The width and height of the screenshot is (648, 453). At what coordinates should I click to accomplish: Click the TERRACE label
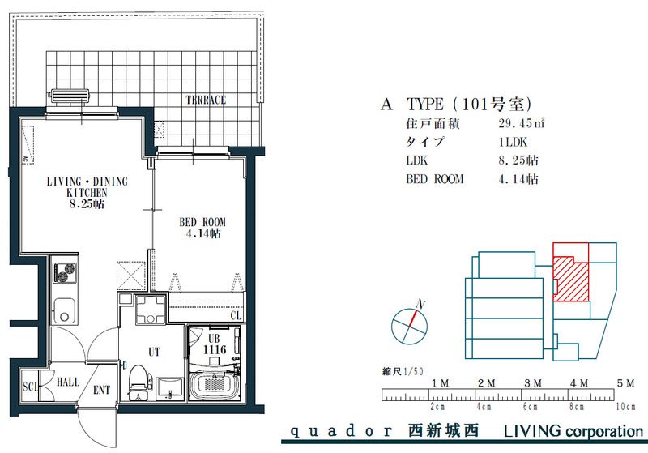(206, 100)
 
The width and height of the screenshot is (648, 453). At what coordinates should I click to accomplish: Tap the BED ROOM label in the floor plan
(202, 222)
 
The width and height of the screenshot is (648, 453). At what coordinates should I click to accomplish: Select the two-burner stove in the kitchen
(65, 273)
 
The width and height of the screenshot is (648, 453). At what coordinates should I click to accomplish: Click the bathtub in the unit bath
(214, 385)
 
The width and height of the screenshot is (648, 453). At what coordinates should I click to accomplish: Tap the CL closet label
(236, 316)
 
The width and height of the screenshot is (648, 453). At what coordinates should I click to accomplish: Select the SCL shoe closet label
(30, 387)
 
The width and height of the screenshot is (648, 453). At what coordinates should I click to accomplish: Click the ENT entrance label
(102, 390)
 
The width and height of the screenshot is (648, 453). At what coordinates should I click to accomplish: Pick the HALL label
(68, 382)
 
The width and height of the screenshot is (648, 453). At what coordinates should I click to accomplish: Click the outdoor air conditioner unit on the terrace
(70, 96)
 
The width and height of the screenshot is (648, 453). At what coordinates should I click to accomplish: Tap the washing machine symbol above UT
(150, 310)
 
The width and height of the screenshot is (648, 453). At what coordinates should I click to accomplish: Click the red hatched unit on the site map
(572, 279)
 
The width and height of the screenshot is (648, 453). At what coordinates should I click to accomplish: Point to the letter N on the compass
(420, 305)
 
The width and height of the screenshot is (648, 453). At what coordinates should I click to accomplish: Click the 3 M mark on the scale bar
(533, 383)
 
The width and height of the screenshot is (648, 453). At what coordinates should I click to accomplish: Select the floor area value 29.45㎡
(521, 123)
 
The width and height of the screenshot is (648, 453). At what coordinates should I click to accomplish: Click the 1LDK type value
(513, 142)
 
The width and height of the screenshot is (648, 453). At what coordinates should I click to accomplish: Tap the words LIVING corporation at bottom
(573, 431)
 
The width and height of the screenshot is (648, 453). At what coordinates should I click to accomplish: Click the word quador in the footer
(342, 431)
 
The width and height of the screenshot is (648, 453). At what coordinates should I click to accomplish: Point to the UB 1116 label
(214, 344)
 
